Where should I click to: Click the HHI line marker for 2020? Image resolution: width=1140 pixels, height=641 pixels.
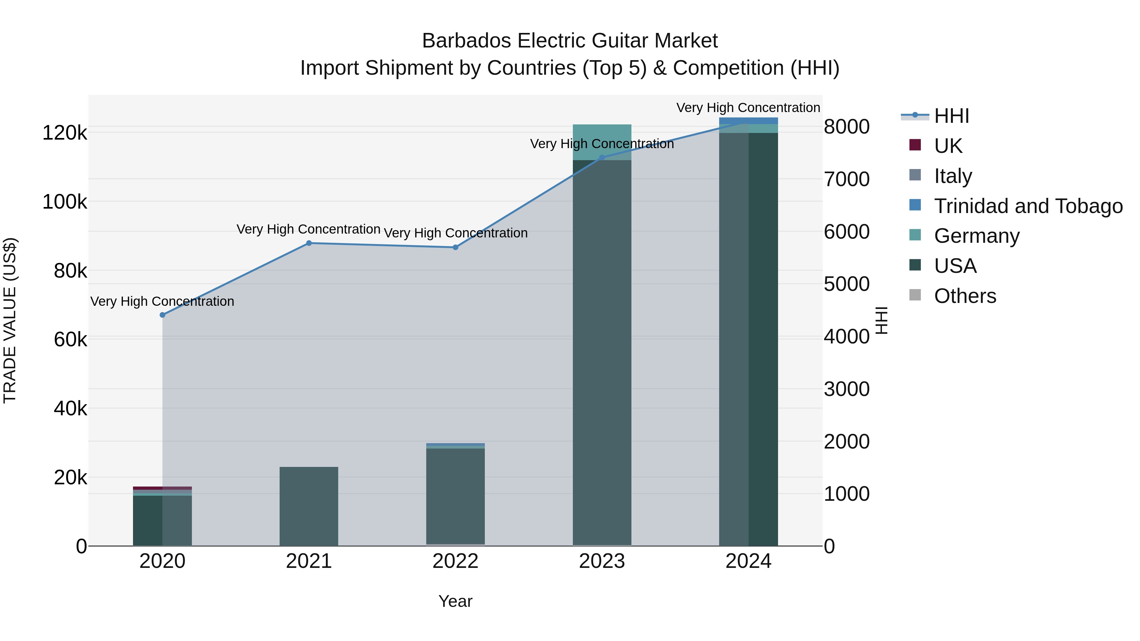[x=162, y=315]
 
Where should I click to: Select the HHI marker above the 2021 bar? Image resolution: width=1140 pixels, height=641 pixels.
[x=309, y=243]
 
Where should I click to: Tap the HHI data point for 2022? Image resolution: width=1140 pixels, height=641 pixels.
[x=455, y=247]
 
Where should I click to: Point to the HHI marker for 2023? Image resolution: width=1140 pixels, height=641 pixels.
[x=601, y=158]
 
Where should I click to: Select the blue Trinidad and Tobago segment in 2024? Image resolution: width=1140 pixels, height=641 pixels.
[x=748, y=121]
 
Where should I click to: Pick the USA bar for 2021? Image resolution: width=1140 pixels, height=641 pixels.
[x=309, y=506]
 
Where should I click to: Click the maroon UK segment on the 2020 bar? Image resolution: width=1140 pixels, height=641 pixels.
[x=162, y=488]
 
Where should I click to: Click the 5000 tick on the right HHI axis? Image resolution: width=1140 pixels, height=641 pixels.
[x=846, y=284]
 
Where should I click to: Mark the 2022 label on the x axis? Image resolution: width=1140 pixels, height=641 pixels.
[x=455, y=561]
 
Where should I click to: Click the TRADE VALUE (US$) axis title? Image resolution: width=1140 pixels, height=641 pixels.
[x=10, y=320]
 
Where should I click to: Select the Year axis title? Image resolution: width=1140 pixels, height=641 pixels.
[x=455, y=601]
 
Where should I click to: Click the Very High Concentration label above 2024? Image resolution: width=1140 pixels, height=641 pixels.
[x=748, y=108]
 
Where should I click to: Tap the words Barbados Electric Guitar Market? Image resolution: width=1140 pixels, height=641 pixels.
[x=570, y=41]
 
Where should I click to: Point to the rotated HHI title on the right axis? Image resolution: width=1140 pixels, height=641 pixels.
[x=882, y=320]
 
